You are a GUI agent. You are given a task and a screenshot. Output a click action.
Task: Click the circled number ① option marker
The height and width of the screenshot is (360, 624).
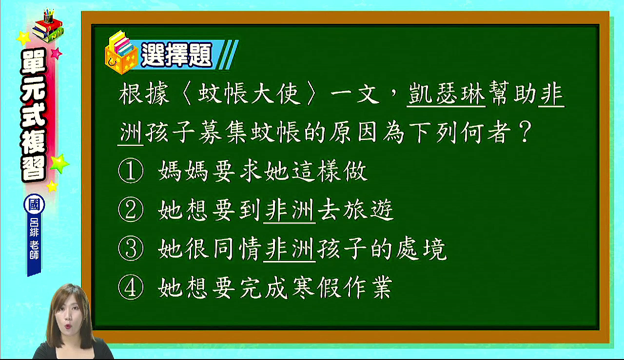coord(131,171)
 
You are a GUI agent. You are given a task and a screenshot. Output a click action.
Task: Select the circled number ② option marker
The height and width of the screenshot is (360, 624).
coord(131,209)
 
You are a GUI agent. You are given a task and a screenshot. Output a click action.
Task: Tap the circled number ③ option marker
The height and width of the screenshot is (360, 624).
coord(131,248)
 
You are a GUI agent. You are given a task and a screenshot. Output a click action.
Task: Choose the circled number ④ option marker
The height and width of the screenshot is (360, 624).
coord(131,287)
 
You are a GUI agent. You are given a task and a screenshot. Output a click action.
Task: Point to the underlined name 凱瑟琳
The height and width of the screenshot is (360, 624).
coord(446,93)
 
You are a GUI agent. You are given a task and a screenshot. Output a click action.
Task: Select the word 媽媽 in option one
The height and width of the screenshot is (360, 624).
coord(183,171)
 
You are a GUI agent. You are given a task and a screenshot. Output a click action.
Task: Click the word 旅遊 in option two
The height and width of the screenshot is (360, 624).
coord(368,209)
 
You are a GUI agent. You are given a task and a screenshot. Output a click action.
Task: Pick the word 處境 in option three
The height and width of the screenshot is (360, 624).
coord(421,248)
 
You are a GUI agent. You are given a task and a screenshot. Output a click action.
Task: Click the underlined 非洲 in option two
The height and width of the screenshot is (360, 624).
coord(290,210)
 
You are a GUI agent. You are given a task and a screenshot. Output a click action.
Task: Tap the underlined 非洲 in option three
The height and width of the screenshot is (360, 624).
coord(290,249)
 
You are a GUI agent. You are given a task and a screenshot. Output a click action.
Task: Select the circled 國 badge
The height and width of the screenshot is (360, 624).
coord(34,204)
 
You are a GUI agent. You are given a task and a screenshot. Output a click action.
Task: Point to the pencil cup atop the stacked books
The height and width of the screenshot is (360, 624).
coord(48,17)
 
